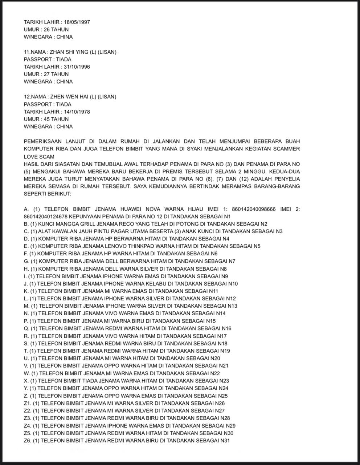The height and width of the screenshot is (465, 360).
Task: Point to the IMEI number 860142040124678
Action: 45,217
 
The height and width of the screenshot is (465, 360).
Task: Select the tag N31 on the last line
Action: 225,440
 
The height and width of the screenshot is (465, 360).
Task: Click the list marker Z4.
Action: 28,425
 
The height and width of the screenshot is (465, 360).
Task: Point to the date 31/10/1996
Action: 77,67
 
